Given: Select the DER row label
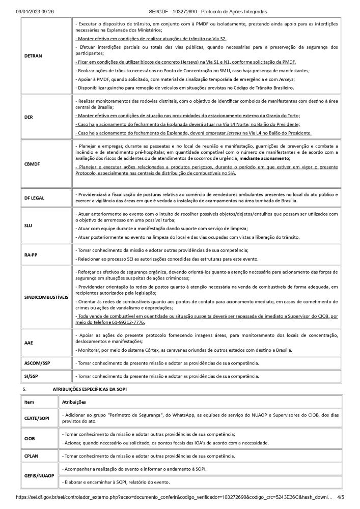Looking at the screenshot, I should click(29, 117).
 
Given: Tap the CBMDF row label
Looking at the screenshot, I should click(32, 164).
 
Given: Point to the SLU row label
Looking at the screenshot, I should click(29, 224).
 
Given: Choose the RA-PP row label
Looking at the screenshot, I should click(31, 254).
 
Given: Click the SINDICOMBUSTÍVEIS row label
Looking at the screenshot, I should click(46, 297).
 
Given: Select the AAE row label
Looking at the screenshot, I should click(29, 343).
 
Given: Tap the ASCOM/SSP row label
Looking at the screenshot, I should click(38, 363).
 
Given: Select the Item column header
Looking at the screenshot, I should click(30, 402).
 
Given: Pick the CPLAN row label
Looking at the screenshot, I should click(32, 456).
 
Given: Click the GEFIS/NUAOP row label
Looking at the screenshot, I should click(40, 475).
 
